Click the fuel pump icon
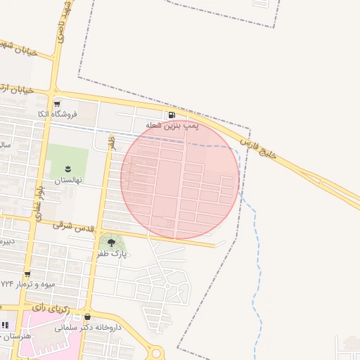pyautogui.click(x=172, y=115)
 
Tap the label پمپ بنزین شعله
pyautogui.click(x=172, y=126)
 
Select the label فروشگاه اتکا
pyautogui.click(x=57, y=113)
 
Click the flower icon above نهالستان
pyautogui.click(x=68, y=169)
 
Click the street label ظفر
pyautogui.click(x=110, y=142)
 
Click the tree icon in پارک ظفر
pyautogui.click(x=111, y=243)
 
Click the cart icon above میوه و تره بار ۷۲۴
pyautogui.click(x=27, y=274)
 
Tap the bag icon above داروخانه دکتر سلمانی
pyautogui.click(x=87, y=317)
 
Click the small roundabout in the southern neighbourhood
pyautogui.click(x=167, y=286)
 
